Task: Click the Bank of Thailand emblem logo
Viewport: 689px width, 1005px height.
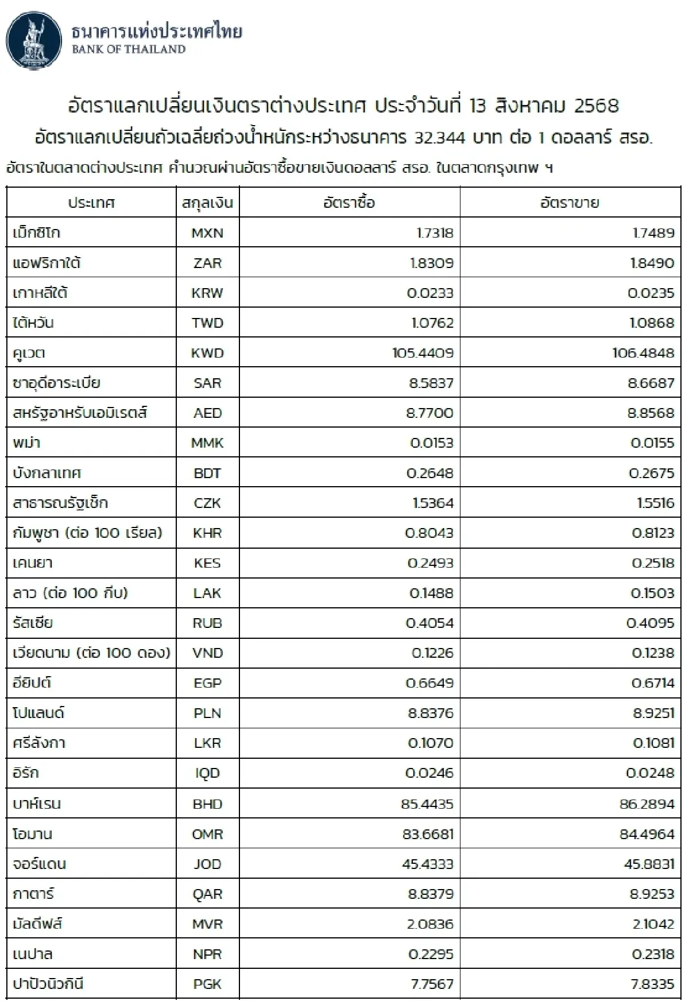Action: pyautogui.click(x=34, y=42)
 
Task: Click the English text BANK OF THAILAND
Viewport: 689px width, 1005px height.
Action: pyautogui.click(x=129, y=49)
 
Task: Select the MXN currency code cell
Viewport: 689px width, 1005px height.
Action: pyautogui.click(x=207, y=233)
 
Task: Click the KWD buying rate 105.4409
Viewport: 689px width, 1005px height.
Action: pyautogui.click(x=423, y=353)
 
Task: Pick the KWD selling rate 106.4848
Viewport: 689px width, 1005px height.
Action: pyautogui.click(x=643, y=353)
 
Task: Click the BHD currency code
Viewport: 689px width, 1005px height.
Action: pyautogui.click(x=207, y=804)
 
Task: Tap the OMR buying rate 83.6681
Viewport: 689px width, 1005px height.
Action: pyautogui.click(x=428, y=834)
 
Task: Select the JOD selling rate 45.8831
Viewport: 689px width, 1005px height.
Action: pyautogui.click(x=649, y=864)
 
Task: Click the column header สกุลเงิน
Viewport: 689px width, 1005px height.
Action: pyautogui.click(x=207, y=203)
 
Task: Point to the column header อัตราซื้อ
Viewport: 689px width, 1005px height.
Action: pyautogui.click(x=349, y=203)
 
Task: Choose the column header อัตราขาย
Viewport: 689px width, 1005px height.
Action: pyautogui.click(x=570, y=203)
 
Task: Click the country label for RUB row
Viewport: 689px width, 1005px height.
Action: pyautogui.click(x=33, y=623)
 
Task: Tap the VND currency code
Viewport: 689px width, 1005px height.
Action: pyautogui.click(x=207, y=653)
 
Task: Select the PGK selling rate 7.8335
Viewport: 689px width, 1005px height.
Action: pyautogui.click(x=652, y=984)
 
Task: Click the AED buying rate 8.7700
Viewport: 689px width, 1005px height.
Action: pyautogui.click(x=429, y=413)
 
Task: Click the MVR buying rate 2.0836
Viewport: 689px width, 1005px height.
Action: pyautogui.click(x=430, y=924)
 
